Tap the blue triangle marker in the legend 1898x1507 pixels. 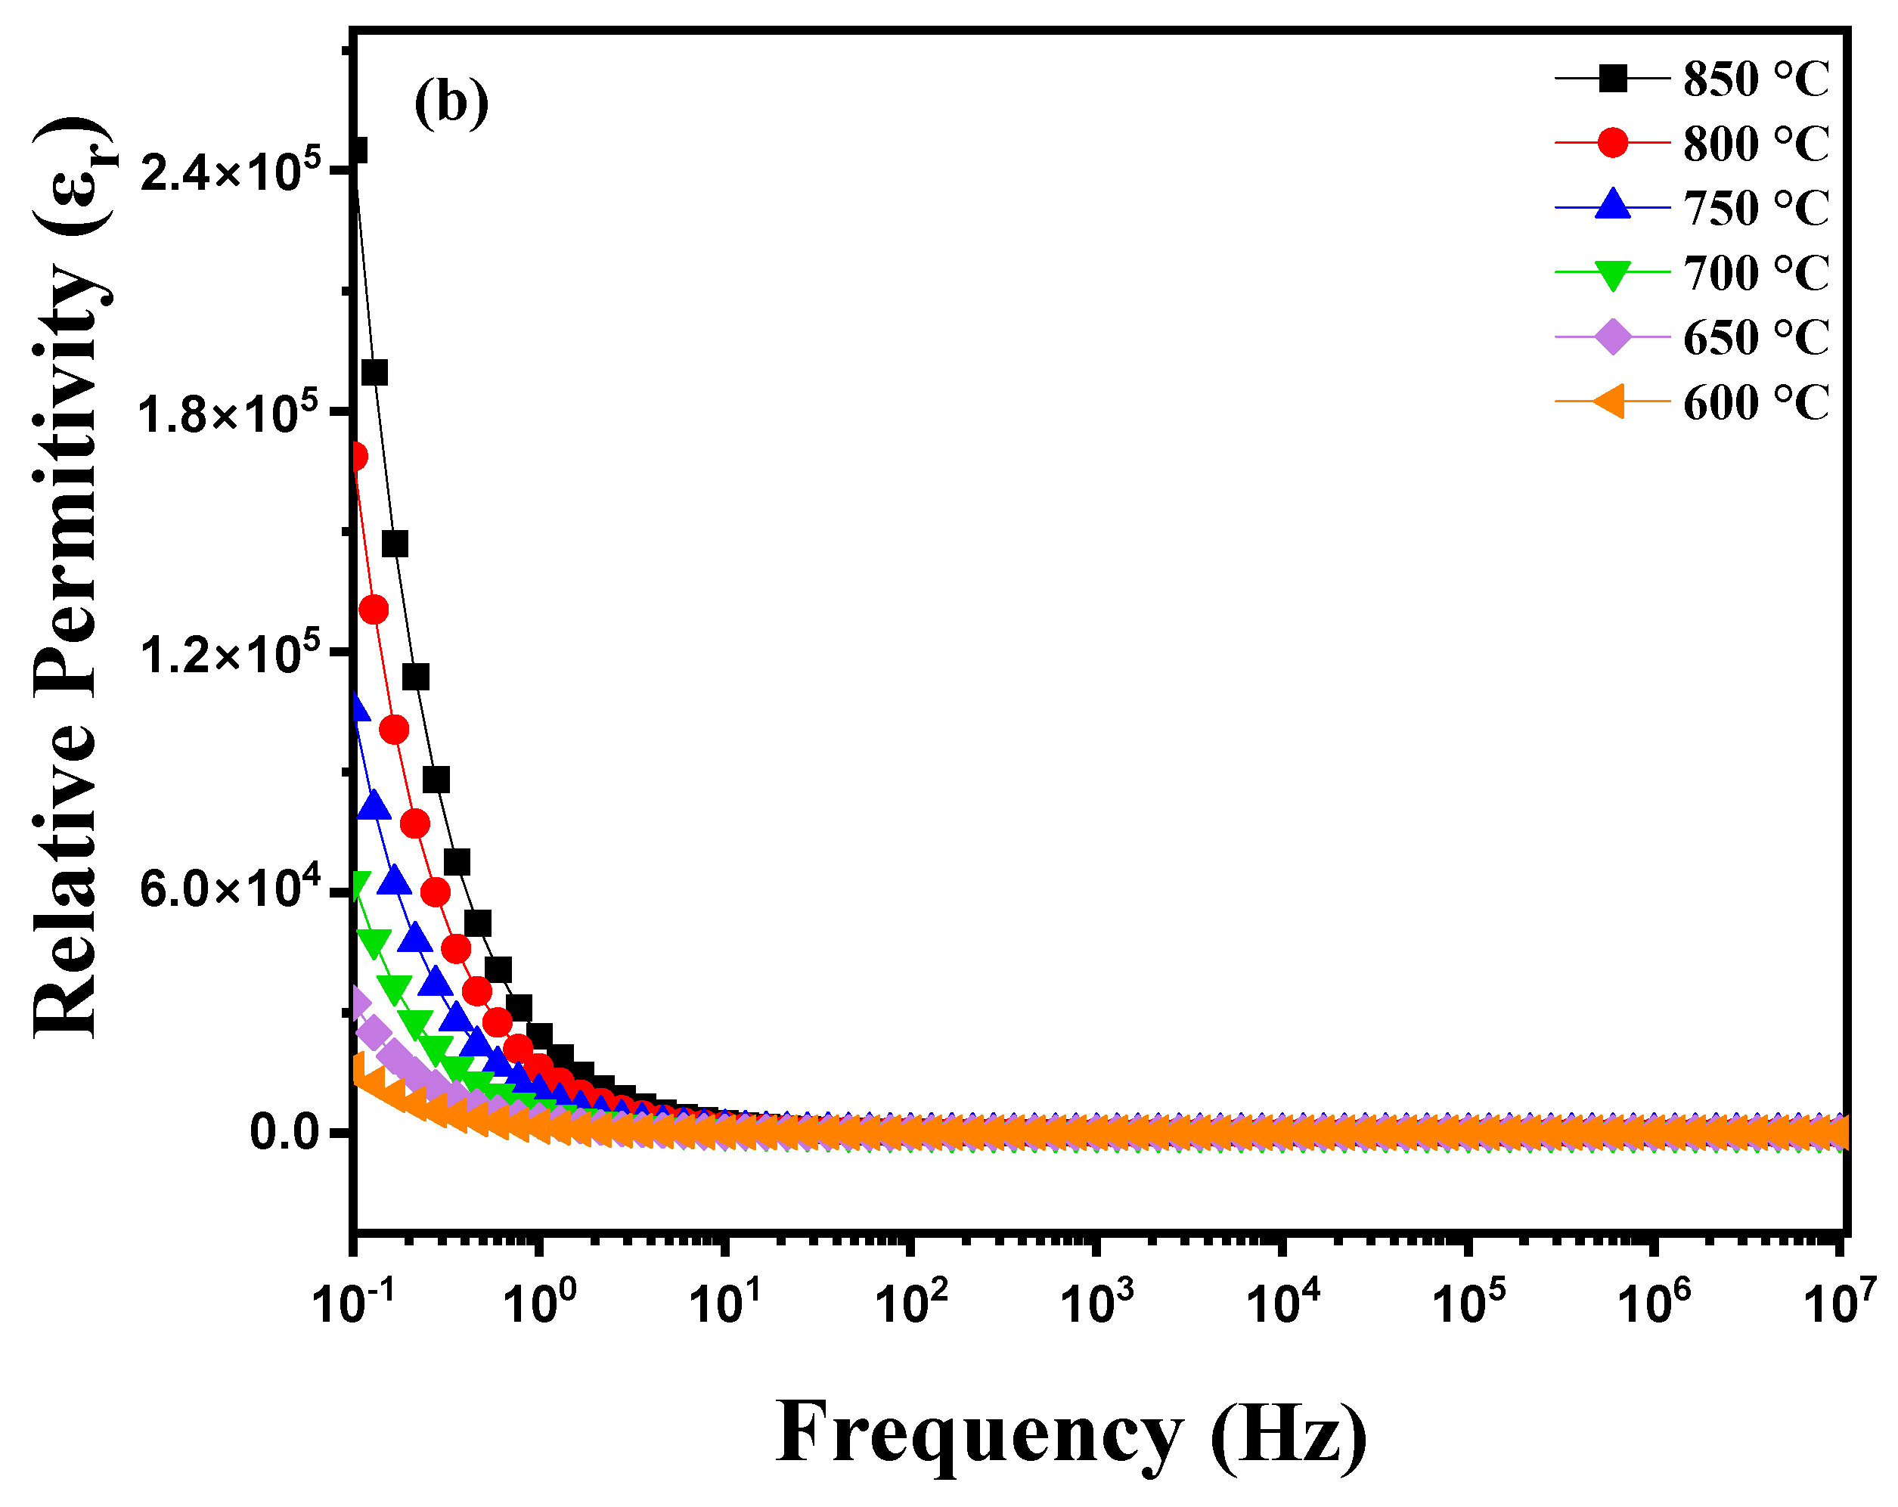point(1613,206)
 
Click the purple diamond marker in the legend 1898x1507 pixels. point(1613,337)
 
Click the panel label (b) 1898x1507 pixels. point(451,104)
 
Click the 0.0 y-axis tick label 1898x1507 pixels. point(285,1132)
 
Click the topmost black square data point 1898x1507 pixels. point(356,151)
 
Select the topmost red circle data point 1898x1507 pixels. point(356,457)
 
